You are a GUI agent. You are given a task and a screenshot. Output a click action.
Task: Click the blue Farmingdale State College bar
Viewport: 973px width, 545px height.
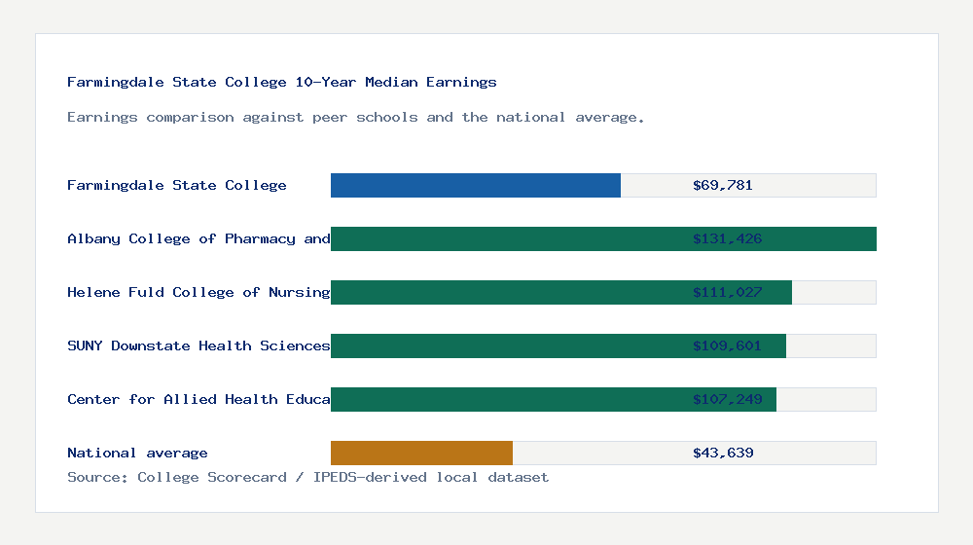pyautogui.click(x=475, y=185)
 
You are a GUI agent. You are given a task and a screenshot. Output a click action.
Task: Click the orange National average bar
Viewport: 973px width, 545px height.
pyautogui.click(x=421, y=453)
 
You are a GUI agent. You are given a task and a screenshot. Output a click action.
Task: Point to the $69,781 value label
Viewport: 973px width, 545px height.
pyautogui.click(x=723, y=185)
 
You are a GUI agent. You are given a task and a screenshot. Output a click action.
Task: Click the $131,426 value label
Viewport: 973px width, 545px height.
pyautogui.click(x=727, y=238)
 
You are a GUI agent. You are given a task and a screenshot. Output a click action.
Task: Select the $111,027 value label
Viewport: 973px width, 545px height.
pyautogui.click(x=727, y=292)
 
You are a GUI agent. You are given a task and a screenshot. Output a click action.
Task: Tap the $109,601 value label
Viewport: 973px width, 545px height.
pyautogui.click(x=727, y=345)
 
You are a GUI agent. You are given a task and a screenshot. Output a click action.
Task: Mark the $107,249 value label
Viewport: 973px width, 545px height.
pyautogui.click(x=727, y=399)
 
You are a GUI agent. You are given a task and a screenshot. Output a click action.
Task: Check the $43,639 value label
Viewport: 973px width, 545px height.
pyautogui.click(x=723, y=453)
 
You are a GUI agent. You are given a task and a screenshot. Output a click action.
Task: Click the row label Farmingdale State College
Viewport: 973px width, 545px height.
pyautogui.click(x=176, y=185)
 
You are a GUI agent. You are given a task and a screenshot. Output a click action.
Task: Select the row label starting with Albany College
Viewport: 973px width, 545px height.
pyautogui.click(x=198, y=238)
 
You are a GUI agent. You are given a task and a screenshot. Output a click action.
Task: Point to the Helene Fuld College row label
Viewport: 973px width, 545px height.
pyautogui.click(x=198, y=292)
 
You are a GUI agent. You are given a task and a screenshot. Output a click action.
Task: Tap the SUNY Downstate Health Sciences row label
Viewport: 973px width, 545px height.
pyautogui.click(x=198, y=345)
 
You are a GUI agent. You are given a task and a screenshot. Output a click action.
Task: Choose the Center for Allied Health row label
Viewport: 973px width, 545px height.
pyautogui.click(x=198, y=399)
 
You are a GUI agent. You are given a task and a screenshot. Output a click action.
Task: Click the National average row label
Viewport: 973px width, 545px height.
pyautogui.click(x=137, y=453)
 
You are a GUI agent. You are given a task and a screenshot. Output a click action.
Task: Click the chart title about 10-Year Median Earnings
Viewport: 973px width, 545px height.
pyautogui.click(x=282, y=82)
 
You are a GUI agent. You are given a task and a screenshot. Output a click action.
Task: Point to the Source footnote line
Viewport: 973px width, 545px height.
pyautogui.click(x=307, y=477)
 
